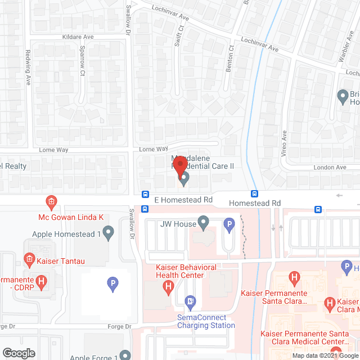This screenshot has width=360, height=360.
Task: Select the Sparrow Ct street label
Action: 83,61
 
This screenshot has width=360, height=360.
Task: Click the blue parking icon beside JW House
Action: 229,225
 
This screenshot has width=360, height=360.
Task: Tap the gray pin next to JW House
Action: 202,224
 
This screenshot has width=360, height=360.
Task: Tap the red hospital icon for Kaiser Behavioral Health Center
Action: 168,287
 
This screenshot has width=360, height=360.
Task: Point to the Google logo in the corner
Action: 19,353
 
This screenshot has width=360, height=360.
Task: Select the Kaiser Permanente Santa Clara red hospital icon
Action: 293,277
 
